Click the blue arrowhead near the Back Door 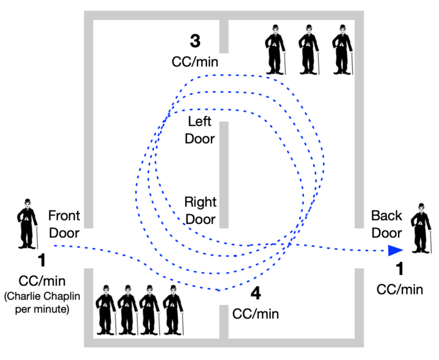tap(394, 250)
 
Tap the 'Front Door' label tap(64, 224)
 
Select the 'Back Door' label tap(386, 224)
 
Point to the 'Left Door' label tap(199, 130)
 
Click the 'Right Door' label tap(199, 210)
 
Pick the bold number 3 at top tap(195, 41)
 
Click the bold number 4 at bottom tap(256, 294)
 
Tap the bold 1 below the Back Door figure tap(400, 269)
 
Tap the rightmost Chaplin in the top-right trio tap(342, 49)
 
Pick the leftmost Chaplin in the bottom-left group tap(106, 309)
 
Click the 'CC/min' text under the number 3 tap(195, 61)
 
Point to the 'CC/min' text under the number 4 tap(256, 313)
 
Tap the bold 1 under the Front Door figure tap(41, 261)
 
